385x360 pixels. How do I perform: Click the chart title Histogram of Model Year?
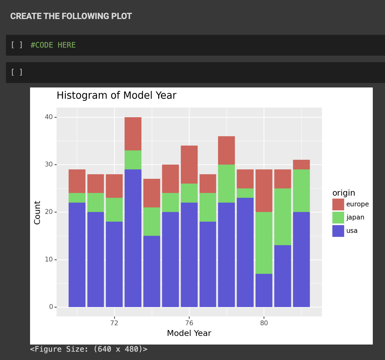point(116,96)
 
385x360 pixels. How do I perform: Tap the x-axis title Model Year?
point(189,333)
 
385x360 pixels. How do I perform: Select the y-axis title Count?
point(37,212)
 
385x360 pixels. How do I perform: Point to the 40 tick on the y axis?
point(48,117)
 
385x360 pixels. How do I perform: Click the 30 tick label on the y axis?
point(48,165)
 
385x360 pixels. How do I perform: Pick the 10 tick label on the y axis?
point(48,259)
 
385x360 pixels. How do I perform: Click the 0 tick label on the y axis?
point(51,307)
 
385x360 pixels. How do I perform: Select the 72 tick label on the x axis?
point(114,323)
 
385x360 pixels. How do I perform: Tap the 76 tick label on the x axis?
point(189,323)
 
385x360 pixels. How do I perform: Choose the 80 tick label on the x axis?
point(264,323)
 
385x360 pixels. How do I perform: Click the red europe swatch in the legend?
point(338,204)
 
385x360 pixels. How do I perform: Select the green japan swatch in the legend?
point(338,217)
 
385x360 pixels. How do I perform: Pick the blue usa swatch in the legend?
point(338,231)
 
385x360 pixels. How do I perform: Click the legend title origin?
point(344,193)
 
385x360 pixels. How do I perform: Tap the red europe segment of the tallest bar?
point(133,134)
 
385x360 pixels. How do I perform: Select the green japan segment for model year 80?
point(264,243)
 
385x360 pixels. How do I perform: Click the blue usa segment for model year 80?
point(264,290)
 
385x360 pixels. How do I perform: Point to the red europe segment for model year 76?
point(189,165)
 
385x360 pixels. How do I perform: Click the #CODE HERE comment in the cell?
point(53,45)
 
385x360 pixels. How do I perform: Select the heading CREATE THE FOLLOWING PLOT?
point(71,16)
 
